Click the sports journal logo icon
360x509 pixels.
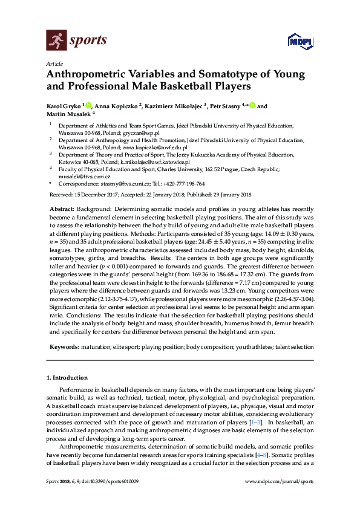55,41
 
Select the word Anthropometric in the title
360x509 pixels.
90,75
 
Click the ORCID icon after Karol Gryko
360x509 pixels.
88,105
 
